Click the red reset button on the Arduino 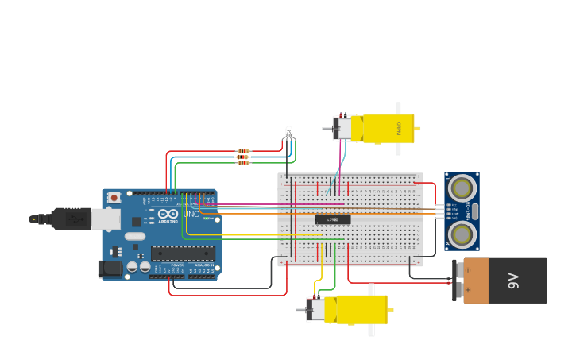pyautogui.click(x=114, y=197)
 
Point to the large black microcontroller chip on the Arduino pyautogui.click(x=183, y=254)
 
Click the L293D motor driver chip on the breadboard pyautogui.click(x=332, y=219)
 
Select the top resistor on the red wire pyautogui.click(x=243, y=151)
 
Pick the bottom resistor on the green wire pyautogui.click(x=243, y=163)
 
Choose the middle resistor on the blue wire pyautogui.click(x=243, y=157)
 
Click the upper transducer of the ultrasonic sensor pyautogui.click(x=462, y=188)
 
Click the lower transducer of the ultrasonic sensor pyautogui.click(x=462, y=234)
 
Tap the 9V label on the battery pyautogui.click(x=513, y=281)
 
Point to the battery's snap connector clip pyautogui.click(x=457, y=280)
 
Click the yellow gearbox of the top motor pyautogui.click(x=388, y=128)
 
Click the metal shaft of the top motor pyautogui.click(x=327, y=128)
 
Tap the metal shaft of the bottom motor pyautogui.click(x=301, y=310)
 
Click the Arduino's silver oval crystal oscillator pyautogui.click(x=135, y=236)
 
